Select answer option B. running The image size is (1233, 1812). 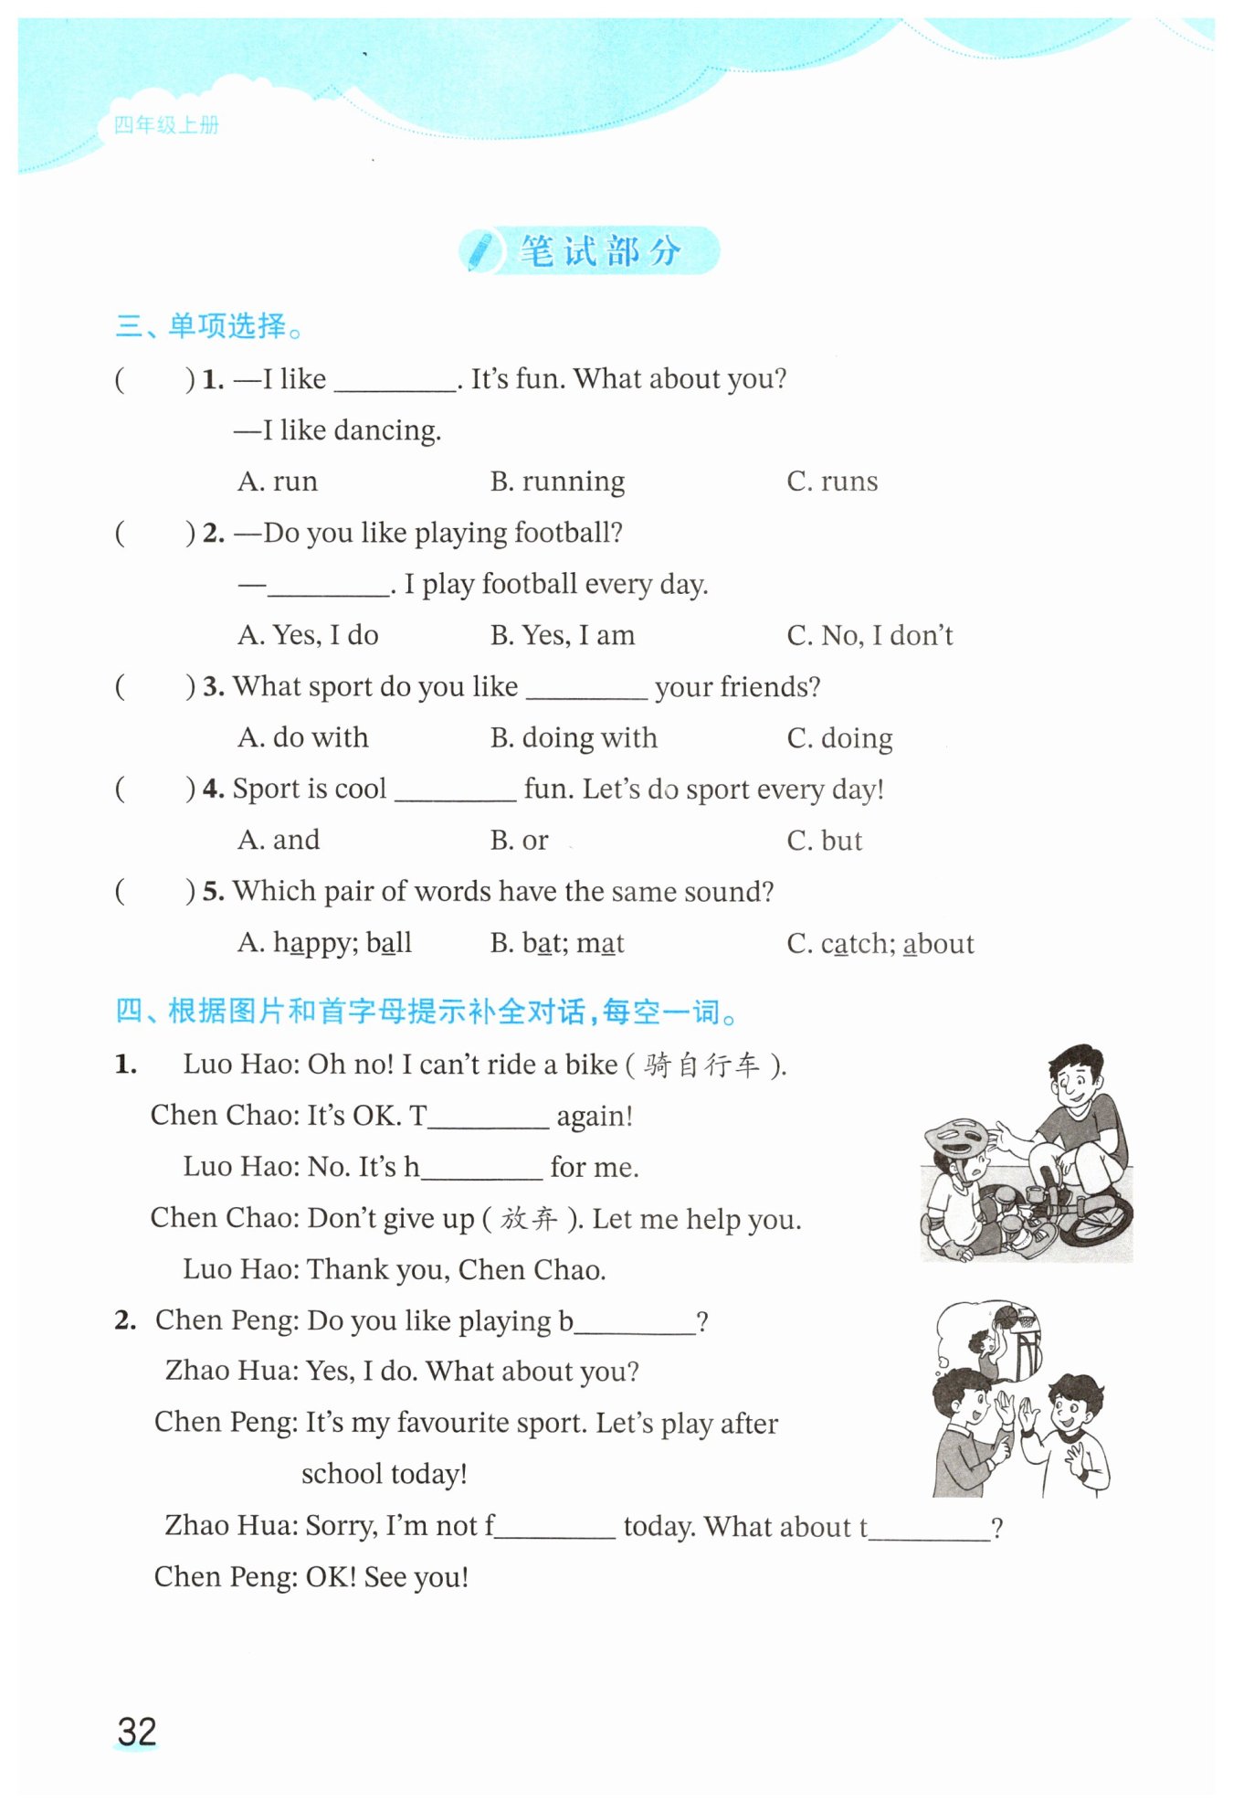click(x=557, y=481)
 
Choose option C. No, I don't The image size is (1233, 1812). click(x=869, y=635)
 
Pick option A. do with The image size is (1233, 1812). click(x=302, y=737)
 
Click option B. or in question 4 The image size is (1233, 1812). click(x=519, y=840)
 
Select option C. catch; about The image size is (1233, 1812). click(x=880, y=943)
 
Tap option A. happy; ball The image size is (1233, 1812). click(x=324, y=942)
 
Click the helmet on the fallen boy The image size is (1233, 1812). click(x=956, y=1139)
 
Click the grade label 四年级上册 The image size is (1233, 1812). click(x=166, y=125)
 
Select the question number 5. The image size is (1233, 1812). click(x=213, y=891)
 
